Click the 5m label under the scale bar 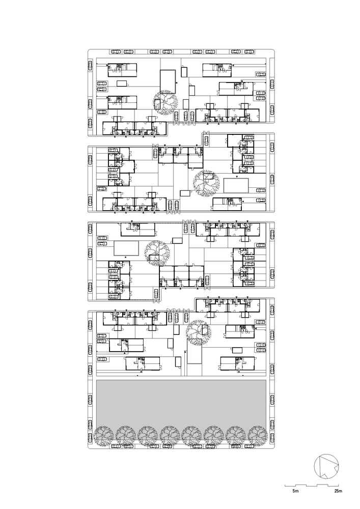[295, 491]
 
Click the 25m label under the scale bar [339, 491]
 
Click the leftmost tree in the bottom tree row [104, 436]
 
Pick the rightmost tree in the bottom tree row [259, 436]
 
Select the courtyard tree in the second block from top [205, 184]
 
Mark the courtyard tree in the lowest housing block [198, 333]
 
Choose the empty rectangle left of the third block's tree [126, 249]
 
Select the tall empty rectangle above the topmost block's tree [168, 81]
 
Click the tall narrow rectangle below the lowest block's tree [194, 363]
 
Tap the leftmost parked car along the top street [116, 51]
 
